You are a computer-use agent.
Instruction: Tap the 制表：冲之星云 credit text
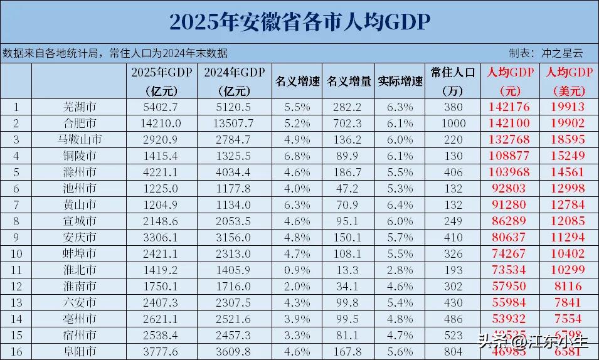click(546, 53)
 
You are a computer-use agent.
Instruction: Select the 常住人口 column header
click(453, 71)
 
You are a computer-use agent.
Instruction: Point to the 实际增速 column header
click(400, 81)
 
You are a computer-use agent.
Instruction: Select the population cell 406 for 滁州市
click(453, 172)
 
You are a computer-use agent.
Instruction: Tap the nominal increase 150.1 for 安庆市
click(349, 237)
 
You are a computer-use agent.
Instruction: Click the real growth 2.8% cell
click(400, 270)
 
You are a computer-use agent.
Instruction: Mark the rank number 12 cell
click(16, 286)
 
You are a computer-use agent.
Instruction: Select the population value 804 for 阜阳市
click(453, 351)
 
